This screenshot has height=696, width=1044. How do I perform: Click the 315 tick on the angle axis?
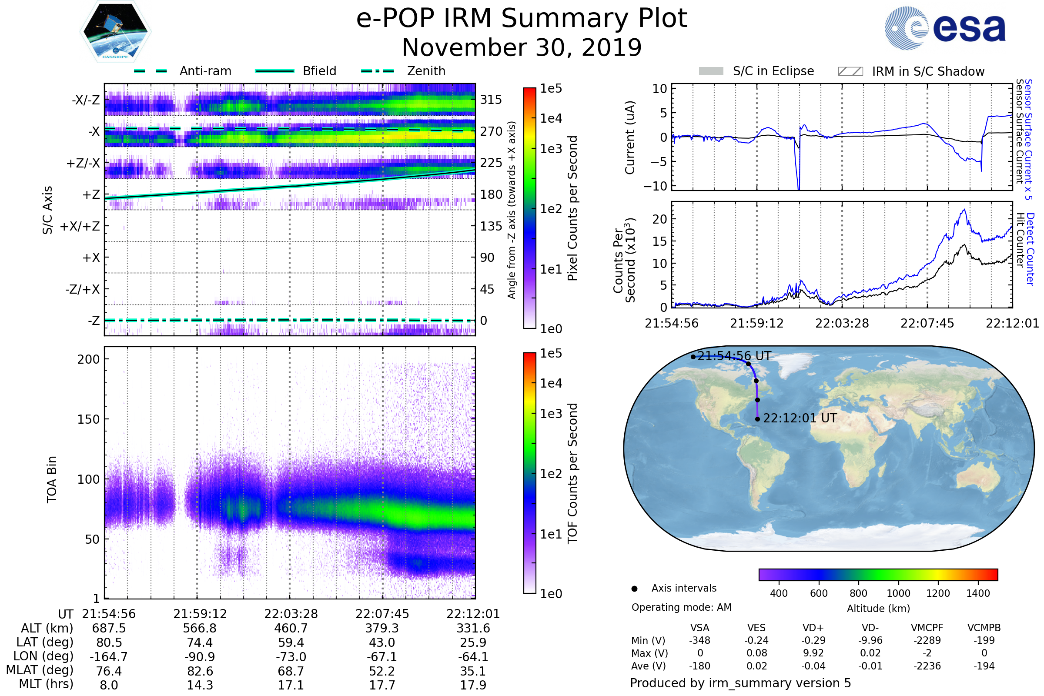491,100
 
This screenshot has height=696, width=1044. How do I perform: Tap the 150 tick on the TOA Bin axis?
88,419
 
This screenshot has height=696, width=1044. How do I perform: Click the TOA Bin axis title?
52,479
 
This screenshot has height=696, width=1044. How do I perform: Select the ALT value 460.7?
291,629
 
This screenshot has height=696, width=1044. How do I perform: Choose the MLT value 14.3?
200,685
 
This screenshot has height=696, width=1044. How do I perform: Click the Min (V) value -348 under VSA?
699,640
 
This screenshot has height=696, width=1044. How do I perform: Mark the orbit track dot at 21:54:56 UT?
693,357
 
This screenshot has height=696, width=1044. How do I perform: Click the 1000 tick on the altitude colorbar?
898,593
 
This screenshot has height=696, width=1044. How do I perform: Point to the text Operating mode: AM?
681,607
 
